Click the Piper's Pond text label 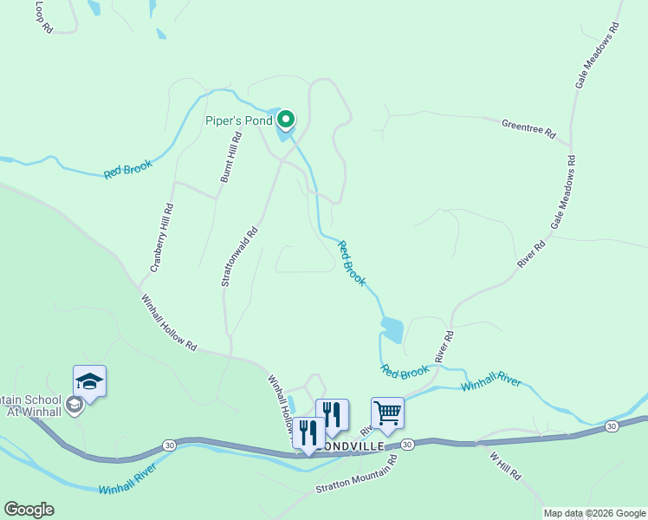pos(238,120)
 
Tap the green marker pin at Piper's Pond pos(285,120)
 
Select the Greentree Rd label pos(528,128)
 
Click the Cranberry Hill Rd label pos(162,238)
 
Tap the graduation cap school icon pos(89,381)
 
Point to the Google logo pos(29,510)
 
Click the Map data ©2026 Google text pos(595,513)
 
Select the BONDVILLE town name pos(351,445)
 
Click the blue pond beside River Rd pos(392,329)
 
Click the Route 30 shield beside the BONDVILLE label pos(407,444)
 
